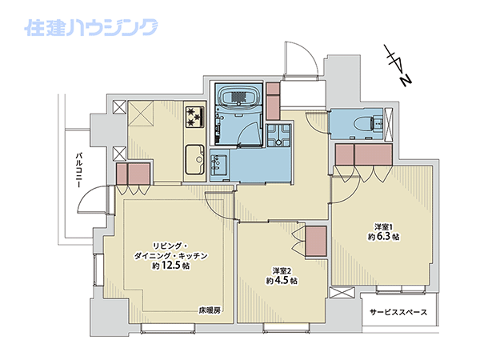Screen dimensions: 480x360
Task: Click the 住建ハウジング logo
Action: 91,27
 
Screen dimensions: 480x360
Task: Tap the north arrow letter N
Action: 406,81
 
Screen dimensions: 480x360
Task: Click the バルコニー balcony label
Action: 79,170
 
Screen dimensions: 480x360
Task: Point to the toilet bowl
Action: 364,124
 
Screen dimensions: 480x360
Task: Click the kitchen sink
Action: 194,160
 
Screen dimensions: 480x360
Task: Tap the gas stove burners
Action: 194,116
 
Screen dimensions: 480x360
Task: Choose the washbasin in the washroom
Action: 219,165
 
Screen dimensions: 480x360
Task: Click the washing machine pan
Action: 278,135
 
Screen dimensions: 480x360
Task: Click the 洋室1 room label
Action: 383,227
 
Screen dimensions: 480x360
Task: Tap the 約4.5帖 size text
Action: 282,280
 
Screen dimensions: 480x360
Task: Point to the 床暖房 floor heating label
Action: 210,310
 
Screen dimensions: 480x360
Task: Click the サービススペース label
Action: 398,312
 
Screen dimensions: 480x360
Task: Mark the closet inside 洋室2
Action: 316,242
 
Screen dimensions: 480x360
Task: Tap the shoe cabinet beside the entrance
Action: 273,101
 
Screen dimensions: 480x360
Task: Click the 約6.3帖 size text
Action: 383,236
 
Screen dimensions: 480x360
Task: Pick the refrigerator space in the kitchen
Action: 141,114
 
